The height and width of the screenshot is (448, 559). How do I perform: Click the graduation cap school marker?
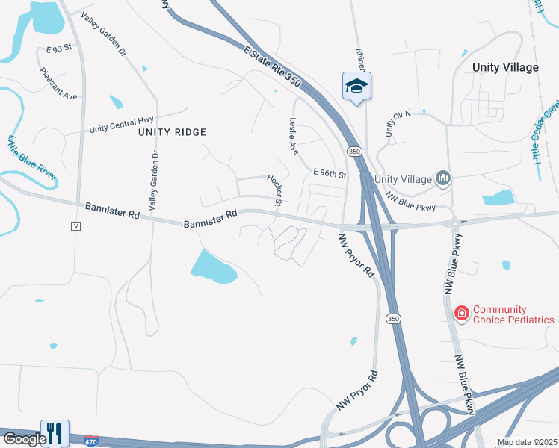click(356, 86)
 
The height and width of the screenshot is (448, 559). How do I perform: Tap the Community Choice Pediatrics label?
click(513, 314)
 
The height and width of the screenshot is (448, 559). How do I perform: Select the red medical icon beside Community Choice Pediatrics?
click(462, 312)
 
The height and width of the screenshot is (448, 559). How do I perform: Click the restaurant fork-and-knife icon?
click(55, 432)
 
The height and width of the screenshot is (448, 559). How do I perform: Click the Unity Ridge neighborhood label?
click(171, 131)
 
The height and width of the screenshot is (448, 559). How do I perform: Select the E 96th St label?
click(330, 174)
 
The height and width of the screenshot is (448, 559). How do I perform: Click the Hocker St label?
click(274, 190)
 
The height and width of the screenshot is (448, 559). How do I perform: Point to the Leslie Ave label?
click(294, 137)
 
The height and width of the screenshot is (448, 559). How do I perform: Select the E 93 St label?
click(58, 48)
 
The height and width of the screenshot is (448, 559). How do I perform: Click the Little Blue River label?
click(32, 157)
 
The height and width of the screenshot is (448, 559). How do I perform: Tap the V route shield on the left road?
click(75, 225)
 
